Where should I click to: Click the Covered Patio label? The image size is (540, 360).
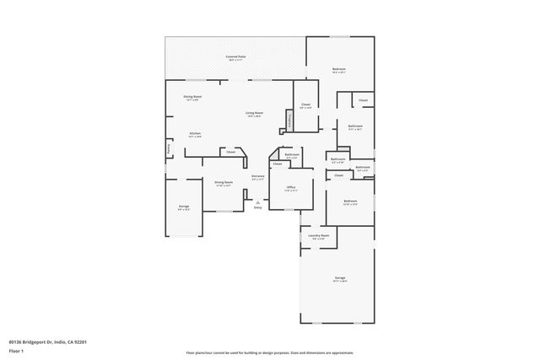click(x=235, y=57)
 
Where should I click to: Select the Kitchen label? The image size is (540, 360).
click(x=195, y=134)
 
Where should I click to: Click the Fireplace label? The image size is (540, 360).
click(x=289, y=122)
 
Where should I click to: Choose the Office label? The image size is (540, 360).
click(x=290, y=188)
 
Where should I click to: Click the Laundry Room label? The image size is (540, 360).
click(x=319, y=237)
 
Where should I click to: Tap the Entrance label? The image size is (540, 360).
click(x=258, y=177)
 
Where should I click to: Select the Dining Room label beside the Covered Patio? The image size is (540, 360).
click(x=192, y=98)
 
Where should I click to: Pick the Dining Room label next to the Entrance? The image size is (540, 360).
click(x=224, y=183)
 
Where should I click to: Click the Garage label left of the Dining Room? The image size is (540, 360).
click(x=183, y=207)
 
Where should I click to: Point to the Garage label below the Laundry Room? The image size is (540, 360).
click(x=340, y=278)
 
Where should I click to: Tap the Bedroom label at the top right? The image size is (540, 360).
click(x=338, y=70)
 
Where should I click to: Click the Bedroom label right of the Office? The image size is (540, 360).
click(x=350, y=201)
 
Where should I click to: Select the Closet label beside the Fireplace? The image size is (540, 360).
click(x=305, y=105)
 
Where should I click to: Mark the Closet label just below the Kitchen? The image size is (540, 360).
click(x=230, y=153)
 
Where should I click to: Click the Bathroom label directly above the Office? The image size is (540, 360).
click(x=292, y=155)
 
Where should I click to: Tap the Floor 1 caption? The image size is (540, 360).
click(x=16, y=349)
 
